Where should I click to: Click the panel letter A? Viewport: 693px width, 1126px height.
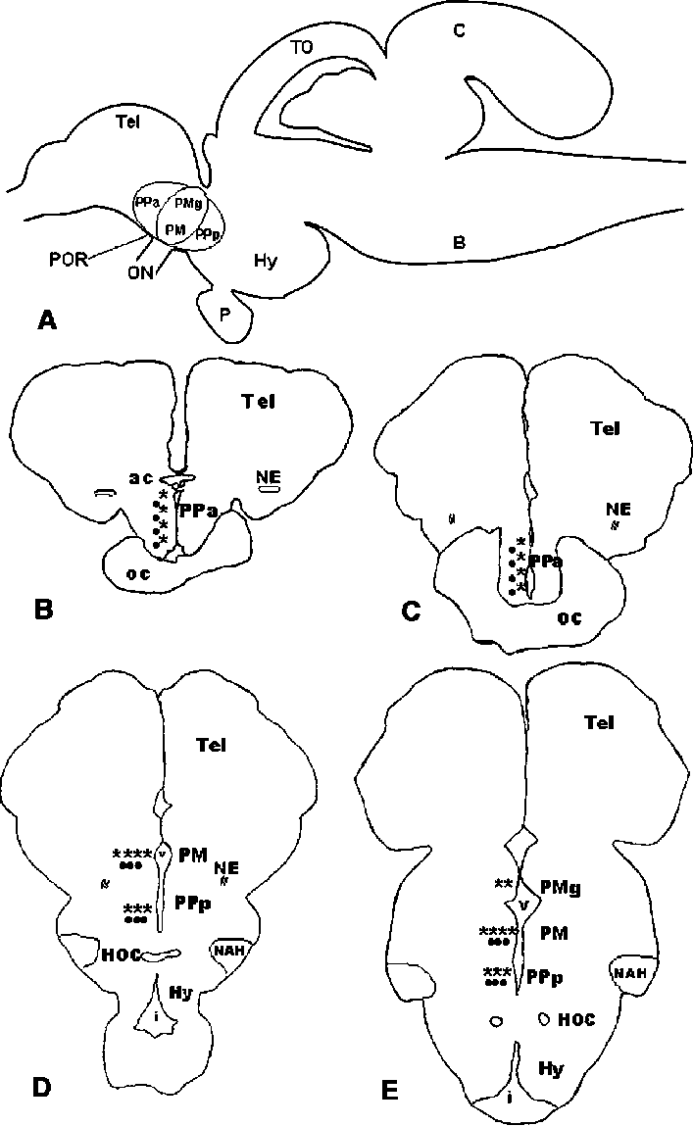(x=44, y=320)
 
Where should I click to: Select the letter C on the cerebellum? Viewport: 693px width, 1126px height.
(x=458, y=31)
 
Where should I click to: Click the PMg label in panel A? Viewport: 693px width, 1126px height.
(x=187, y=204)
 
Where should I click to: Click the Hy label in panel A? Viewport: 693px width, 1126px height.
(x=265, y=261)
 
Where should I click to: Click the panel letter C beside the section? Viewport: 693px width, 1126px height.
(x=413, y=612)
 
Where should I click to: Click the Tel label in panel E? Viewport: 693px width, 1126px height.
(x=598, y=723)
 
